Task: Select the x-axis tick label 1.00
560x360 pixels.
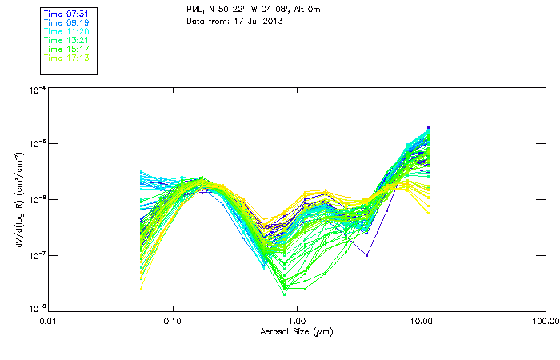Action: tap(297, 322)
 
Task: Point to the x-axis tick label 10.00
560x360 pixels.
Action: tap(421, 322)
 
